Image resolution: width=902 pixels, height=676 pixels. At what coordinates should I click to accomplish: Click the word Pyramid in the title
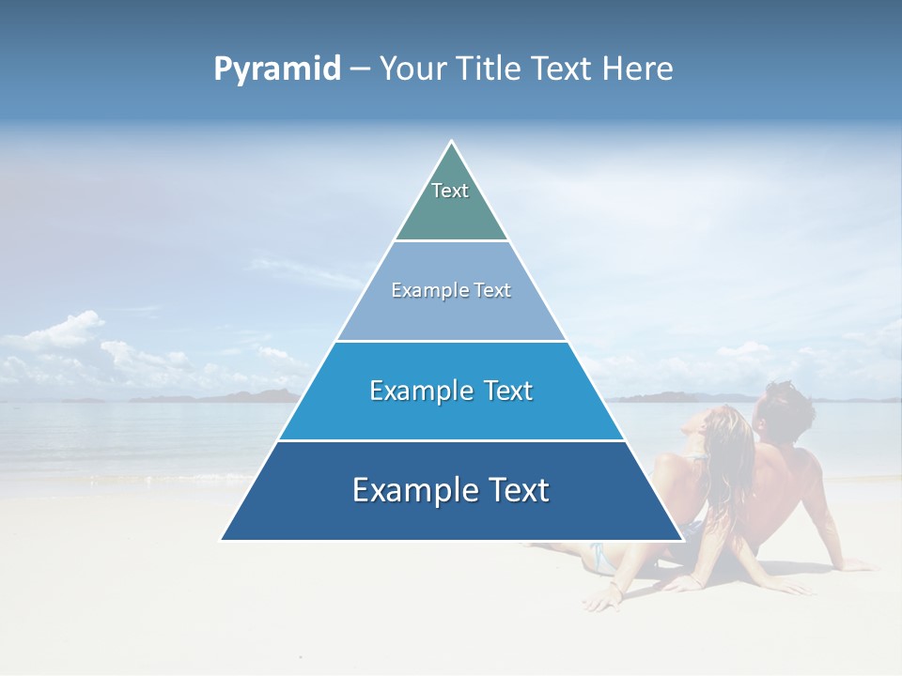click(277, 69)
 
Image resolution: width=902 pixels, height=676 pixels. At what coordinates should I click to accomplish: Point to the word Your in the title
click(413, 69)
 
